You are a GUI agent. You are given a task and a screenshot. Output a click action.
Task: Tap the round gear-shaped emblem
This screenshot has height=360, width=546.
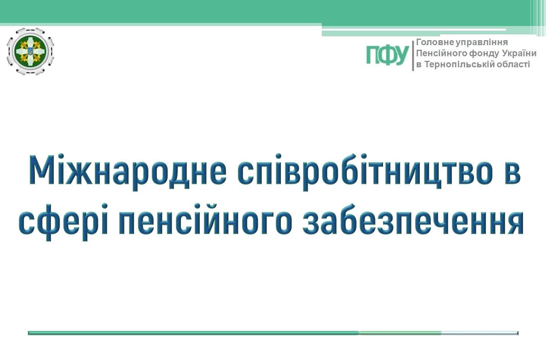point(31,51)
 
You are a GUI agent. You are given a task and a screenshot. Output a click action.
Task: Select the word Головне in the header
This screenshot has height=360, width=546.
point(435,42)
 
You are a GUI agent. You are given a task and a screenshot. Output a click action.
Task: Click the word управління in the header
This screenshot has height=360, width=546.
point(482,42)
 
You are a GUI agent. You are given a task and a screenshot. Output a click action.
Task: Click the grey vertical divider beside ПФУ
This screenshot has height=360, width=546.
point(413,55)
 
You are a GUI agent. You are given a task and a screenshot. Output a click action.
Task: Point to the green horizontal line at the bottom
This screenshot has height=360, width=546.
point(273,333)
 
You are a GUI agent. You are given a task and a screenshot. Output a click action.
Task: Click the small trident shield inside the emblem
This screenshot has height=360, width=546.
point(31,51)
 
